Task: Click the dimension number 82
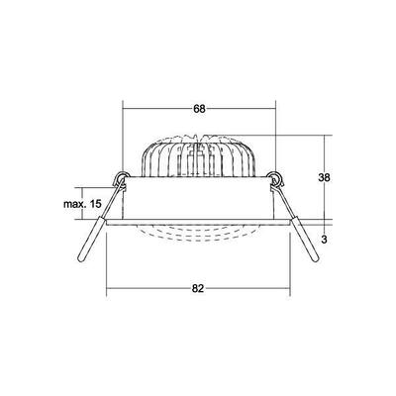pos(199,288)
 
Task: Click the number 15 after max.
pos(95,203)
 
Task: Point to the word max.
pos(72,203)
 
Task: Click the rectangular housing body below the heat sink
pos(199,203)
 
